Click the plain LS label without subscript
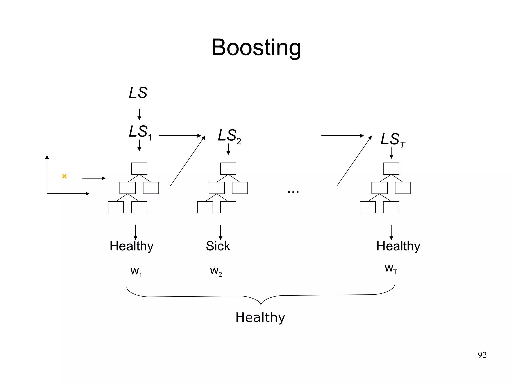click(138, 93)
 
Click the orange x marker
click(64, 176)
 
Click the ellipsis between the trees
click(293, 192)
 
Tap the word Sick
click(218, 246)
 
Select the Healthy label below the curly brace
click(260, 318)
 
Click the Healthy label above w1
click(132, 246)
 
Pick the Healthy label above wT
click(398, 246)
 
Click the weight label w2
click(216, 271)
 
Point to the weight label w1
click(136, 272)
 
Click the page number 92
click(482, 355)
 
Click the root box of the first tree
click(139, 168)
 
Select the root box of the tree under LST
click(391, 168)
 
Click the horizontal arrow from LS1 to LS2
click(180, 136)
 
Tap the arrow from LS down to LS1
click(139, 114)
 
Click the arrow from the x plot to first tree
click(94, 178)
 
